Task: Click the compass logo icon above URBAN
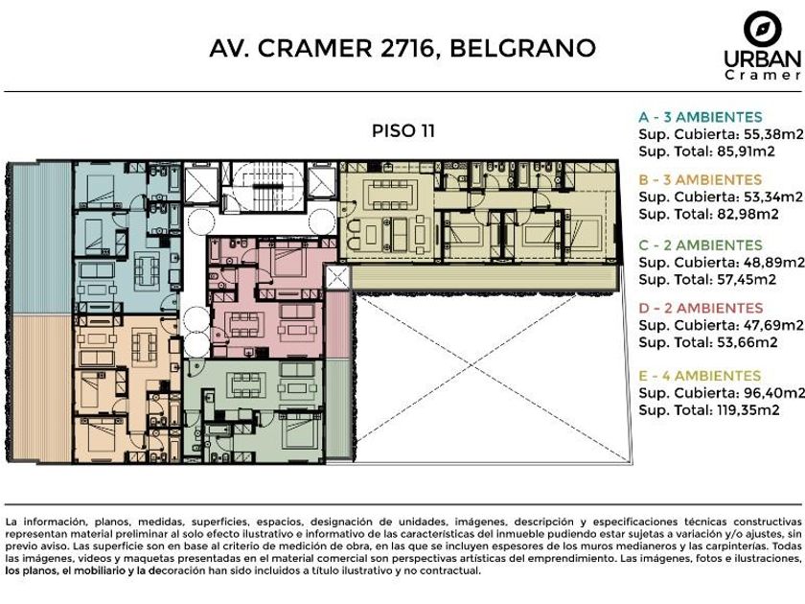(x=763, y=28)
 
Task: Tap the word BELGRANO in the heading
(x=522, y=48)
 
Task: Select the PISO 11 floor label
(x=403, y=130)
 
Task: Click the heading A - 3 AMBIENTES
(x=701, y=117)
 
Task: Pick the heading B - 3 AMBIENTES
(x=701, y=180)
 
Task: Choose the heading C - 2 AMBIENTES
(x=701, y=245)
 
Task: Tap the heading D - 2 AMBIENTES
(x=701, y=308)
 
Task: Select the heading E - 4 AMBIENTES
(x=700, y=376)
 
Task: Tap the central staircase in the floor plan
(x=264, y=187)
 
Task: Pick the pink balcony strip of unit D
(x=336, y=324)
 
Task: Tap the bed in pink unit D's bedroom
(x=289, y=261)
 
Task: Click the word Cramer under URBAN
(x=763, y=75)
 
